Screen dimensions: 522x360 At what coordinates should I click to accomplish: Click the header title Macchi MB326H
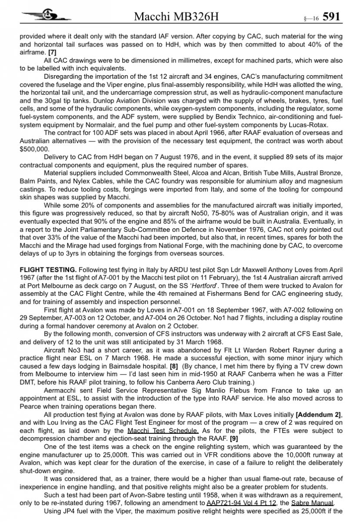[x=176, y=17]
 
